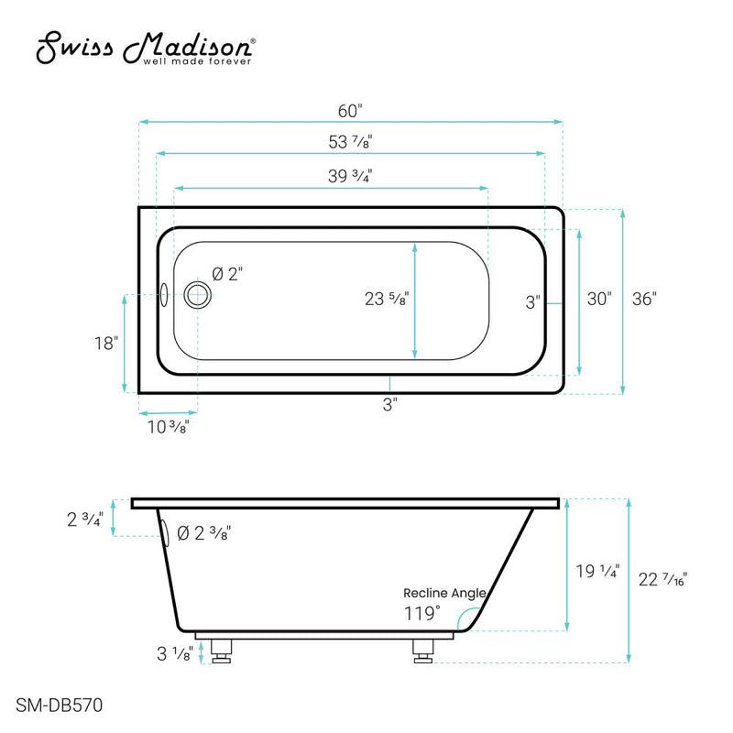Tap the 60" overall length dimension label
pos(350,111)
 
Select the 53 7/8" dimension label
pos(350,143)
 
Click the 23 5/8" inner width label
pos(385,299)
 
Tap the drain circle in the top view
pos(197,295)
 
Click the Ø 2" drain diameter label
pos(227,274)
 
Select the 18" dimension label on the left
pos(106,344)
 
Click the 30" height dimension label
pos(599,299)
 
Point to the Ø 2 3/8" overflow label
pos(203,533)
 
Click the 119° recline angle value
pos(422,612)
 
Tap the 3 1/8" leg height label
pos(174,655)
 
